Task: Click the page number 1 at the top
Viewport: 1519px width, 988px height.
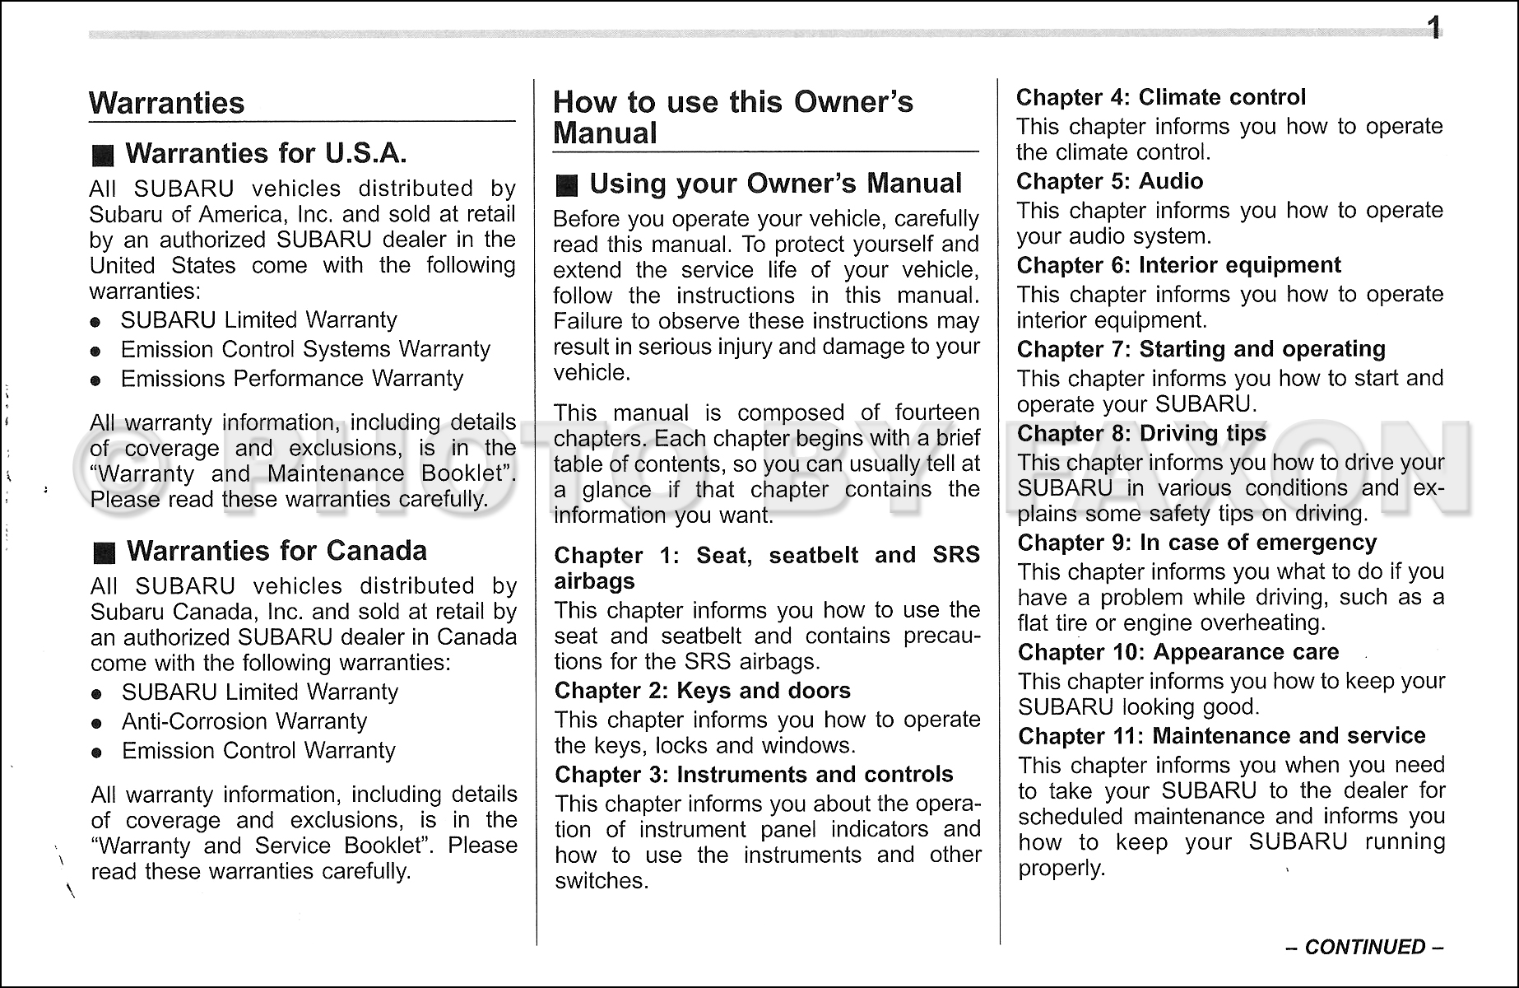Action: pos(1433,30)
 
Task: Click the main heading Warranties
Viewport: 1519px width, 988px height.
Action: pos(166,104)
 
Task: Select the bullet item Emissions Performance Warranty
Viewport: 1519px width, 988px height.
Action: pos(291,379)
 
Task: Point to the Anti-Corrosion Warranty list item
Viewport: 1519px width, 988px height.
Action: pos(244,721)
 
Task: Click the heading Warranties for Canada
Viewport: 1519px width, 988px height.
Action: pos(276,551)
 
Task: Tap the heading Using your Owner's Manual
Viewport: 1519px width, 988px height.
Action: pos(775,184)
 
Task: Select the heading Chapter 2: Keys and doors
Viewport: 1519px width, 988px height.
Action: pos(702,691)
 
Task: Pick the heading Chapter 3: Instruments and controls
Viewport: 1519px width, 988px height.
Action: pos(753,775)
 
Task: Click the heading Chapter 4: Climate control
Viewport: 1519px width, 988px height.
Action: pos(1160,97)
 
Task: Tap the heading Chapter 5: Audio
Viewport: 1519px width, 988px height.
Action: pos(1109,181)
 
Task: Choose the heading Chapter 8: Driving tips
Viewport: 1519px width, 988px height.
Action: pos(1141,434)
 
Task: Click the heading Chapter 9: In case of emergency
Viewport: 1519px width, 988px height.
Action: pos(1196,543)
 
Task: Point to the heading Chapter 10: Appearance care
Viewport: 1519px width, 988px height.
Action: pos(1178,653)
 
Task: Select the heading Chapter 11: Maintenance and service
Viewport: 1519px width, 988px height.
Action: pos(1221,736)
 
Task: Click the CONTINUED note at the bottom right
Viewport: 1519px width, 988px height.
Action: pos(1365,947)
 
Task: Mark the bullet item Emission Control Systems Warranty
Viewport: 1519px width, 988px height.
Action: pos(304,350)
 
